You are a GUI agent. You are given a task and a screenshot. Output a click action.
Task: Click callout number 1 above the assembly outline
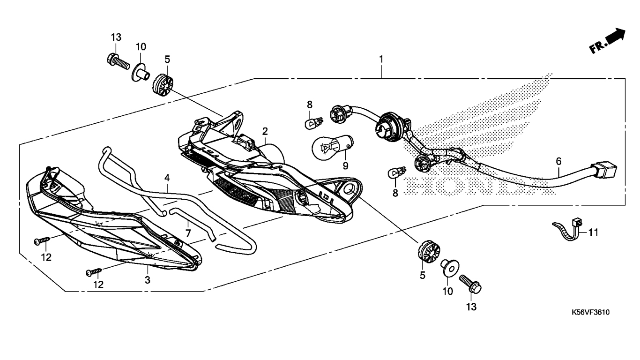381,60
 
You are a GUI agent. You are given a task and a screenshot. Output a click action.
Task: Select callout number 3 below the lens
147,280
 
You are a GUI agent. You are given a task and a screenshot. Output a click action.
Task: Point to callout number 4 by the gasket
167,178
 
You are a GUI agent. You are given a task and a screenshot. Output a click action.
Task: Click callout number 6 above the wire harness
558,161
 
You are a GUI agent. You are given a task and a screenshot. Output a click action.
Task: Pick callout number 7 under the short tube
188,232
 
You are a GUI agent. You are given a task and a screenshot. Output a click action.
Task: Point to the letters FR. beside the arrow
597,47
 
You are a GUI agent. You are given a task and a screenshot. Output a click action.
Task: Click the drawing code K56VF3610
590,313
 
